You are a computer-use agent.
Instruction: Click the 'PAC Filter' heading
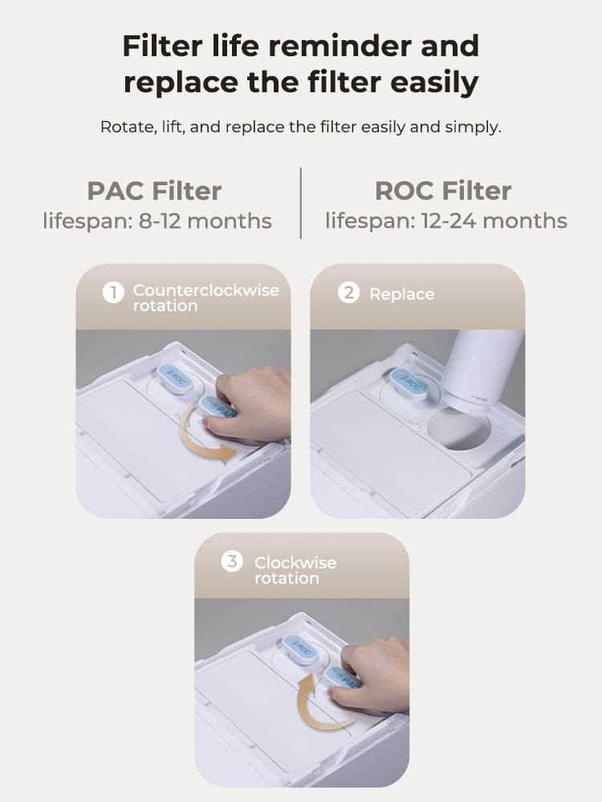pos(154,191)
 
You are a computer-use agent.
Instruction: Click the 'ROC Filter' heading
pos(443,191)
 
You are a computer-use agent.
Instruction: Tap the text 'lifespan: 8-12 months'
pos(157,221)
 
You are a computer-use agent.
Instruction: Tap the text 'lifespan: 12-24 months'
pos(445,221)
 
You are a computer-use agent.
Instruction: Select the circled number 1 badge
pos(113,293)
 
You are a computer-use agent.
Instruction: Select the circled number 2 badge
pos(348,293)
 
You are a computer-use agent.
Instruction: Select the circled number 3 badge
pos(232,561)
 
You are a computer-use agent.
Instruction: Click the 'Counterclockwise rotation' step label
pos(205,298)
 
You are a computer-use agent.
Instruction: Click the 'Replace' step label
pos(402,294)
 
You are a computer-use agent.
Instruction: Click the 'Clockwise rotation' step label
pos(295,570)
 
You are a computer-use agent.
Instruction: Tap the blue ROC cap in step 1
pos(174,378)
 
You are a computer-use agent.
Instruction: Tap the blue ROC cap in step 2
pos(409,382)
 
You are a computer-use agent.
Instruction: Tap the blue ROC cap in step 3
pos(300,649)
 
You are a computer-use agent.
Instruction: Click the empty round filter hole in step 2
pos(458,428)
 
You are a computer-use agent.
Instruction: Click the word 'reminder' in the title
pos(340,46)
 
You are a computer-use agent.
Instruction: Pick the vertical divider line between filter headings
pos(300,203)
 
